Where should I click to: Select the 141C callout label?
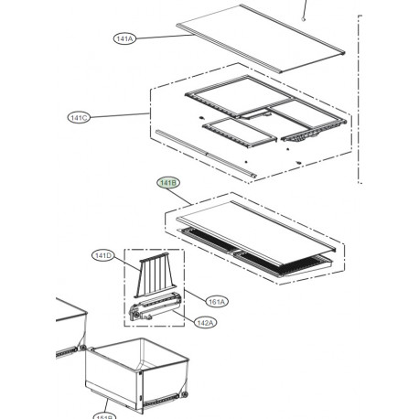(x=80, y=118)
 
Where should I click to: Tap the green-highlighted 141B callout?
(x=169, y=183)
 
